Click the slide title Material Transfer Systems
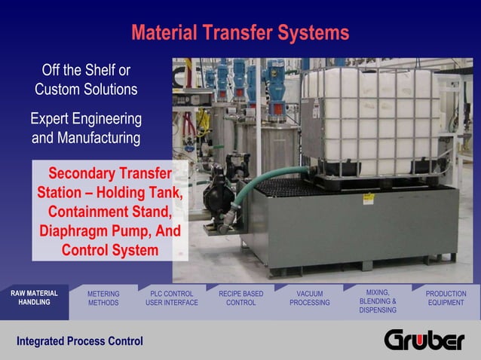click(240, 33)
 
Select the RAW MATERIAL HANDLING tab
click(34, 297)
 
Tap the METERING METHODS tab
click(103, 298)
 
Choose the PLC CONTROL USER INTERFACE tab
click(172, 298)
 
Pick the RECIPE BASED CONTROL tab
click(240, 298)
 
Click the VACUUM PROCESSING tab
click(309, 298)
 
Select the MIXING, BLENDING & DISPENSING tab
click(378, 300)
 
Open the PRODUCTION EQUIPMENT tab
click(446, 298)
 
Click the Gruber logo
click(424, 340)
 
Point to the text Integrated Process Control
click(80, 341)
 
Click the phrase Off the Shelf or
click(86, 71)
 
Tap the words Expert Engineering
click(86, 119)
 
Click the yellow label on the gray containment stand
click(369, 198)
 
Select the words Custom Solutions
click(86, 89)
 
